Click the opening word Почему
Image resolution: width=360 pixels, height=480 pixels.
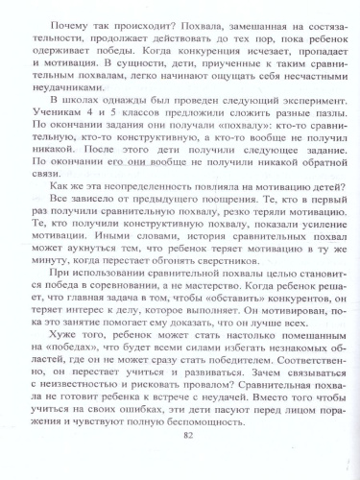point(64,16)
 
